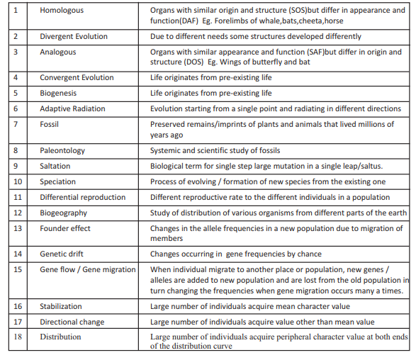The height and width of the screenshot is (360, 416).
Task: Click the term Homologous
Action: [62, 11]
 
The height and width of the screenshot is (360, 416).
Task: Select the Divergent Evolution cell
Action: [73, 36]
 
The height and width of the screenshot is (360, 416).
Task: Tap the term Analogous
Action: [58, 52]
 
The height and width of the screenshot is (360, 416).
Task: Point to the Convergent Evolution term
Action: [77, 77]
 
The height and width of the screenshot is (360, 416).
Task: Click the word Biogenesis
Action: [59, 93]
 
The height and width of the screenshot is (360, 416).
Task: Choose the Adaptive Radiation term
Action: [72, 108]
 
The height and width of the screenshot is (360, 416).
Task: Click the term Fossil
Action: [50, 124]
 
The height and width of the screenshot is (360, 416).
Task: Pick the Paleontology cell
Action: [62, 150]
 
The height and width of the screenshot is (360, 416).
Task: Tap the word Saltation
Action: [55, 166]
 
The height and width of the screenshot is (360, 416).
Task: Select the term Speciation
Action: [58, 181]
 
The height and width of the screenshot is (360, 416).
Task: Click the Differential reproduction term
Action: [83, 197]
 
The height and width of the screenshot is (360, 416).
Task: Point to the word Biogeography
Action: [64, 213]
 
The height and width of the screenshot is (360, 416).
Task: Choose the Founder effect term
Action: [65, 228]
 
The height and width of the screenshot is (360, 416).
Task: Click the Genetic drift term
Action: [62, 254]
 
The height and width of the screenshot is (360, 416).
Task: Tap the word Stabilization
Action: [61, 306]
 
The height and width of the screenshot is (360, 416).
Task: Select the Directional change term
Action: [72, 322]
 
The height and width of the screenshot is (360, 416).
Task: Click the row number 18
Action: [18, 337]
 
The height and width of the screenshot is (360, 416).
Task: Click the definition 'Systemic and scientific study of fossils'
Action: [215, 150]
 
